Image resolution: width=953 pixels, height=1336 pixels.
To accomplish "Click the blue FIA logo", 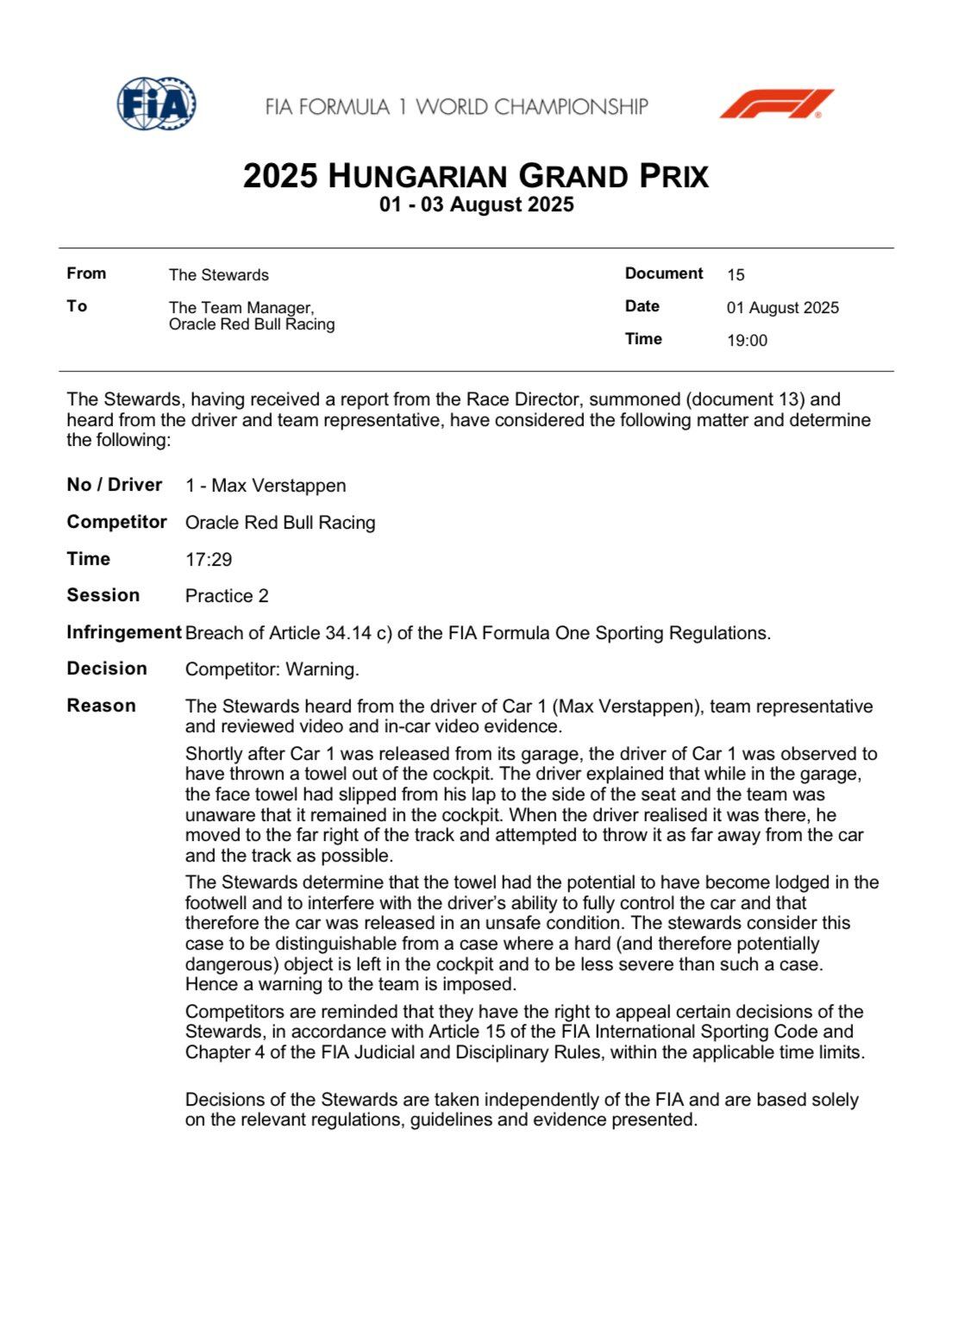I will click(156, 104).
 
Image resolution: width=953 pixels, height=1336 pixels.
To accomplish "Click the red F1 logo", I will click(776, 103).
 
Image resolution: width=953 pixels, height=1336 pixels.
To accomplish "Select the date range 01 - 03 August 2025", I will click(476, 205).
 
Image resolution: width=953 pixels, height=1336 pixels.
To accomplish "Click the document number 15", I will click(736, 275).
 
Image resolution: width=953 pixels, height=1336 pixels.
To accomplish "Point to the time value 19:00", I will click(747, 341).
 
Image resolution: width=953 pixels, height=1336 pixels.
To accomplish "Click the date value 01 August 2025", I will click(782, 308).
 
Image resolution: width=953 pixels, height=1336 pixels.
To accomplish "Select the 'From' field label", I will click(86, 273).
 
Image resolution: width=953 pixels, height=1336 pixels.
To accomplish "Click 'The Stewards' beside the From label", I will click(218, 275).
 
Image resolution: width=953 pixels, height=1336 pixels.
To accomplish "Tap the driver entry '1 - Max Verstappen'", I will click(266, 486).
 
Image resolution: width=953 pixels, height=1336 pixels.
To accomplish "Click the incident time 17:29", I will click(209, 560).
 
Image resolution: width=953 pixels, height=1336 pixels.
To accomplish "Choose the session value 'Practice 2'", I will click(227, 596).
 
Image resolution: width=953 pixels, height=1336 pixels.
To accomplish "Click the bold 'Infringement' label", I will click(123, 632).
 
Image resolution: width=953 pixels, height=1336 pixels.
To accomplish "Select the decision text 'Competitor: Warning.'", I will click(272, 669).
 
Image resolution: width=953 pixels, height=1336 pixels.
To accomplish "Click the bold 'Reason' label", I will click(101, 706).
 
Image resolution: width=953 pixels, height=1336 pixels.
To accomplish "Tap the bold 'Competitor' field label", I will click(116, 522).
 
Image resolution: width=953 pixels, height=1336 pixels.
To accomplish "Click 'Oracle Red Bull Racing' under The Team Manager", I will click(252, 324).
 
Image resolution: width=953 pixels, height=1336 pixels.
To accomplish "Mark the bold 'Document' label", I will click(664, 273).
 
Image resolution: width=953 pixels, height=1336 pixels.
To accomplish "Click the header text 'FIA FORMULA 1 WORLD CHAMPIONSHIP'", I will click(456, 107).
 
